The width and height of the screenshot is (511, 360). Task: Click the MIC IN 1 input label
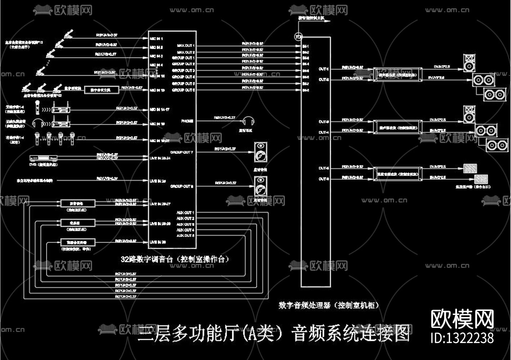156,38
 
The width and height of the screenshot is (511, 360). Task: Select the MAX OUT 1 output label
186,46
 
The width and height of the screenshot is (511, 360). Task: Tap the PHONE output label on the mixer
187,121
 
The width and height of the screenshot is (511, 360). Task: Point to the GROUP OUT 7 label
182,152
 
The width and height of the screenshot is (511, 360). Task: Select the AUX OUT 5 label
185,235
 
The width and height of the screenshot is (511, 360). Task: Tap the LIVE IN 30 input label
158,242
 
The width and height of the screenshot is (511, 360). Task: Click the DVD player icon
43,158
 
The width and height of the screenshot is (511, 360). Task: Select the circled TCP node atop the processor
299,36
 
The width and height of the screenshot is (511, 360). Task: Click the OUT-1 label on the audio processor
324,69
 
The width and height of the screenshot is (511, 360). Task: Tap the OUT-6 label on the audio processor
324,179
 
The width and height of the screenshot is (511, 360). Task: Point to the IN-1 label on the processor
306,46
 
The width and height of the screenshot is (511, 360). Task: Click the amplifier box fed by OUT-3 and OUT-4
398,127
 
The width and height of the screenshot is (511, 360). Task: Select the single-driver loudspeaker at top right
469,63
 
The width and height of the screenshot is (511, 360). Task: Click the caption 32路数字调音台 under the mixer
175,259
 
